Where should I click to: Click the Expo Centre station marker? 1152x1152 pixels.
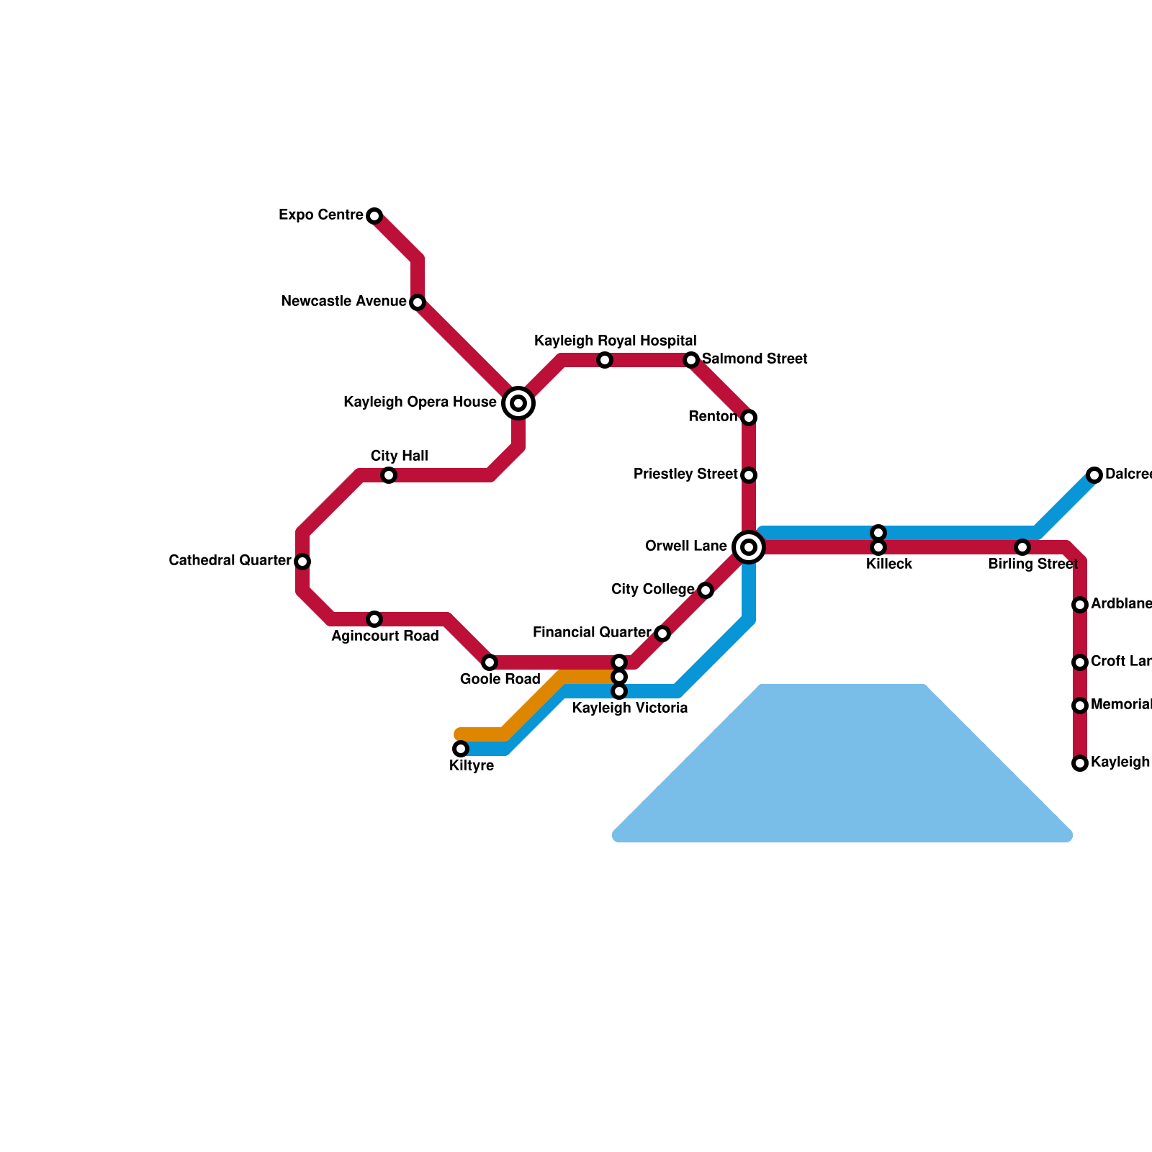click(374, 216)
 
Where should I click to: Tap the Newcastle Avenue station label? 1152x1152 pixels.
click(343, 302)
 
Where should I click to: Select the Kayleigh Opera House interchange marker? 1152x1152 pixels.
click(518, 403)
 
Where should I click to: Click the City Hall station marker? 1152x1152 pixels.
click(389, 475)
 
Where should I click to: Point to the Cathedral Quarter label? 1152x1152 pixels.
click(230, 561)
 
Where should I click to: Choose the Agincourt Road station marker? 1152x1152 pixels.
click(374, 619)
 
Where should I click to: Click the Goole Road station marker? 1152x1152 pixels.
click(490, 662)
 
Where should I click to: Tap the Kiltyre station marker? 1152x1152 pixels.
click(461, 750)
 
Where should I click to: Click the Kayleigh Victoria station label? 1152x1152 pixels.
click(629, 708)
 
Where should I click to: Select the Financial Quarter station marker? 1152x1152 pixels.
click(662, 634)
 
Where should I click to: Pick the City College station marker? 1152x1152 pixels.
click(706, 590)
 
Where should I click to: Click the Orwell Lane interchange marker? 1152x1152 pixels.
click(749, 547)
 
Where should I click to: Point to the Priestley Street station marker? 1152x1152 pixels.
click(749, 475)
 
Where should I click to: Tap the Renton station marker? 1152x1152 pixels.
click(749, 418)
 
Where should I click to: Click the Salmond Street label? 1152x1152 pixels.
click(755, 359)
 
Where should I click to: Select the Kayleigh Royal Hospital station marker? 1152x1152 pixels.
click(605, 360)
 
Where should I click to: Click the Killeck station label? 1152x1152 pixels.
click(889, 564)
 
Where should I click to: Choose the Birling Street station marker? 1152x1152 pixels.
click(1022, 547)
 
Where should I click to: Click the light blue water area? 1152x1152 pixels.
click(842, 778)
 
